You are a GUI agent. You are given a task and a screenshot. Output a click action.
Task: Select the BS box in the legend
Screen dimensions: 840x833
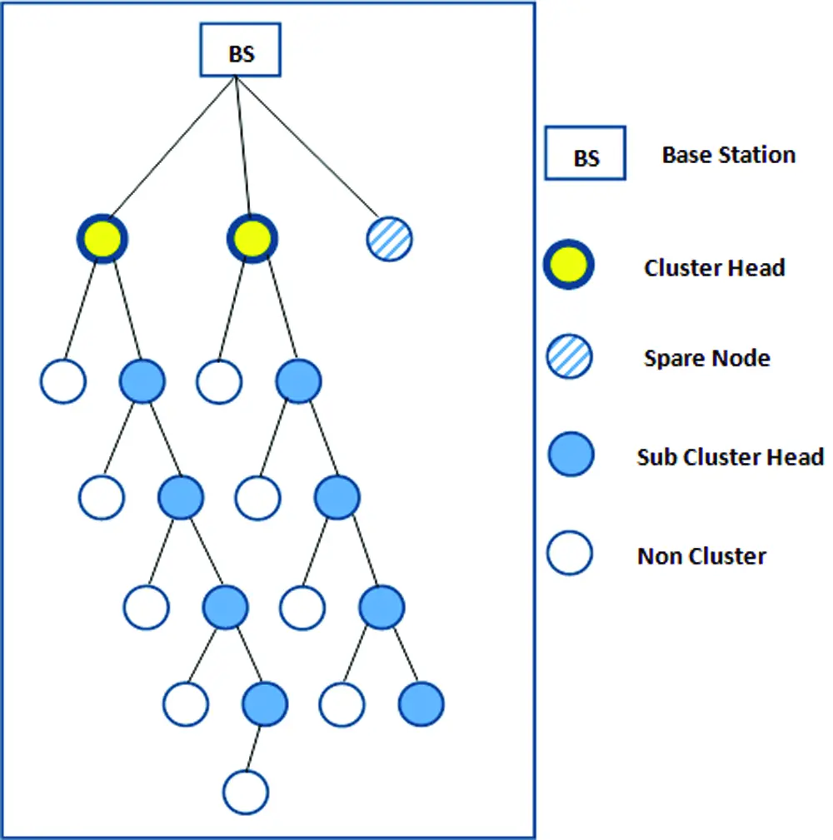(585, 155)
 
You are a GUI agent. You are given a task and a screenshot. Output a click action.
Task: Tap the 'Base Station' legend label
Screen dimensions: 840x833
(728, 155)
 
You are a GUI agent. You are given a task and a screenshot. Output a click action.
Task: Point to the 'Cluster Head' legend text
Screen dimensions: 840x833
(714, 268)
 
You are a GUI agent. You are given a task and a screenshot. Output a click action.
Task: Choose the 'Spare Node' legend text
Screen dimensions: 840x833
(706, 359)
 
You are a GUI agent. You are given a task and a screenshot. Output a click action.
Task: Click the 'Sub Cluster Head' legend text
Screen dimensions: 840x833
(730, 457)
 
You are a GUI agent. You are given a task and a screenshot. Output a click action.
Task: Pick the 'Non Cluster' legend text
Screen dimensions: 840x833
(701, 556)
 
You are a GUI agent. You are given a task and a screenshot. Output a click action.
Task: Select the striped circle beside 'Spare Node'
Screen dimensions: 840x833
(570, 358)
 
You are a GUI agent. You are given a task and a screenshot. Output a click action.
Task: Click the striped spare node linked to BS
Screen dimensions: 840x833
(389, 240)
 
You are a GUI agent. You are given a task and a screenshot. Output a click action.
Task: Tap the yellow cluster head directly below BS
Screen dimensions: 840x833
(252, 240)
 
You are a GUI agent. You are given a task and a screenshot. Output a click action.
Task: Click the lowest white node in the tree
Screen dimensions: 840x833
(246, 792)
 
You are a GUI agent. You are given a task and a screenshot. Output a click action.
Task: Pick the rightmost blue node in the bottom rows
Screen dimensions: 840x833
(421, 704)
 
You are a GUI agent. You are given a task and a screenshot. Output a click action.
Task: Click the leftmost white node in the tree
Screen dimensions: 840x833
(62, 381)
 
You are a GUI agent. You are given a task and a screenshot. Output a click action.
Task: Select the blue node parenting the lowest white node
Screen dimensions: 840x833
(265, 704)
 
